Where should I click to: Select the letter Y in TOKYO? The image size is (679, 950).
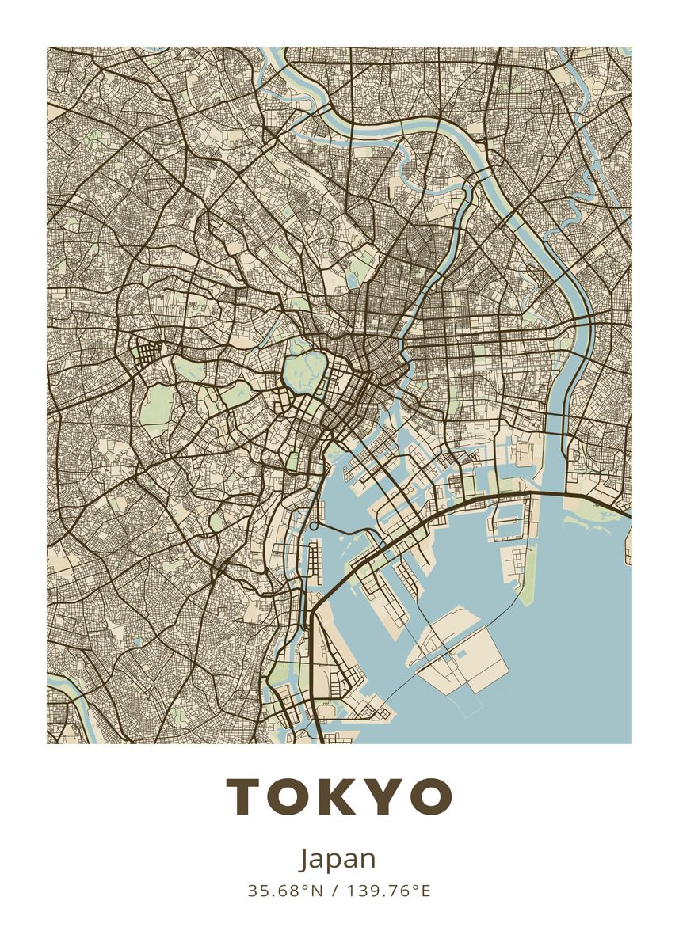click(384, 796)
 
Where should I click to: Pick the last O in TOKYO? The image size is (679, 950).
click(430, 796)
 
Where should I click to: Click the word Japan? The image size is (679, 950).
click(338, 860)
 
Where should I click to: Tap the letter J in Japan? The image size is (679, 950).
click(306, 859)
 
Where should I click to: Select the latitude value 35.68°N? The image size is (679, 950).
click(286, 891)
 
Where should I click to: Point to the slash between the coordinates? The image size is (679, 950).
click(334, 891)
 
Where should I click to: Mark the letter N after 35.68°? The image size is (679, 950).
click(318, 891)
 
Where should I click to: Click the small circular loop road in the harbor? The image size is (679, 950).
click(314, 525)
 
